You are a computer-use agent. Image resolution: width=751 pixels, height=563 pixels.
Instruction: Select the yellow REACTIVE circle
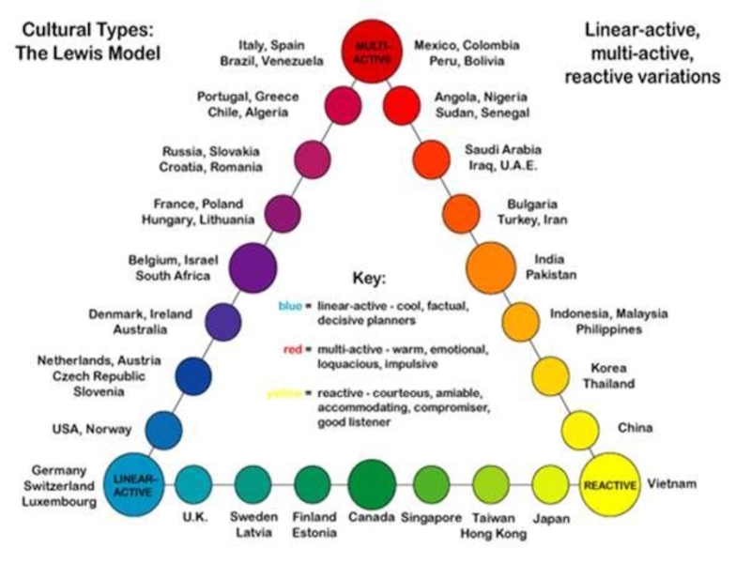(x=610, y=485)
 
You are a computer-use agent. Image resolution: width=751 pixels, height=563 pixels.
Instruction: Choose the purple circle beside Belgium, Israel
(x=253, y=267)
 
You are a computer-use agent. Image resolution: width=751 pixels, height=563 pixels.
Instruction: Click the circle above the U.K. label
(x=193, y=484)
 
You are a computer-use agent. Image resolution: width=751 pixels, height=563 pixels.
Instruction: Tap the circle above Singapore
(x=431, y=484)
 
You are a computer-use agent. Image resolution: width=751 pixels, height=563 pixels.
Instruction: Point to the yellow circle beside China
(x=579, y=430)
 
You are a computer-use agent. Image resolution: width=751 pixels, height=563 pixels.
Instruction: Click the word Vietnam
(x=673, y=484)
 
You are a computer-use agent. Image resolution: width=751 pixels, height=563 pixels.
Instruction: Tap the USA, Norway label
(x=91, y=430)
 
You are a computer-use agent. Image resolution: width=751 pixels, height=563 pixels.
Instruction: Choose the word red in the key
(x=292, y=350)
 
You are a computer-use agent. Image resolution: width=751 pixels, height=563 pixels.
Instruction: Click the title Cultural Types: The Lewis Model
(x=88, y=41)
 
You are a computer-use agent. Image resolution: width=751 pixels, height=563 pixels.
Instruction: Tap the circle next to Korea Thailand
(x=550, y=375)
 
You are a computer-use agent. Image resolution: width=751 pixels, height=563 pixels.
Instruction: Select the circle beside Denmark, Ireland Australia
(x=223, y=322)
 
